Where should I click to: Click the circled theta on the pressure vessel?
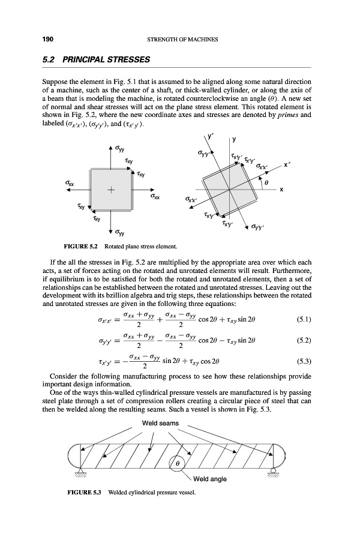pyautogui.click(x=178, y=464)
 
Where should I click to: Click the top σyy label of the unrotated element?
pyautogui.click(x=121, y=149)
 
